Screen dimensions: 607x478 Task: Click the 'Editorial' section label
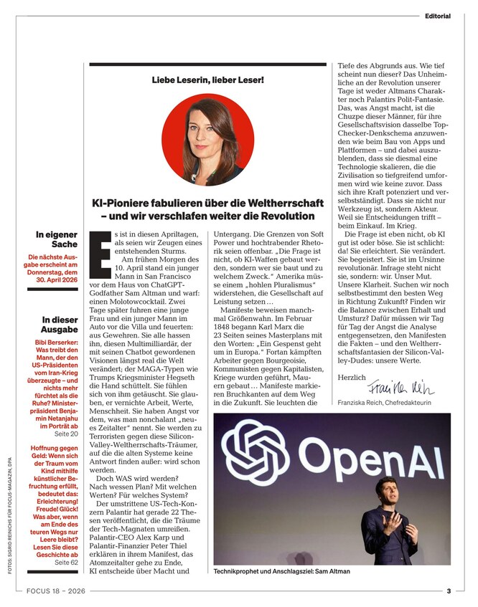pyautogui.click(x=437, y=15)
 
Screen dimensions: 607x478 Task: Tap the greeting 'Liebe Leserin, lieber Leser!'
pyautogui.click(x=207, y=80)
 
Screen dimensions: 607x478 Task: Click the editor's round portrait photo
pyautogui.click(x=208, y=140)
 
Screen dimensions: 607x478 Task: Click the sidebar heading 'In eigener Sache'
pyautogui.click(x=57, y=239)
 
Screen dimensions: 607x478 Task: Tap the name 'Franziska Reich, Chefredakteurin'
pyautogui.click(x=394, y=403)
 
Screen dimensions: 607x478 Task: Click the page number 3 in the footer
pyautogui.click(x=449, y=592)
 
